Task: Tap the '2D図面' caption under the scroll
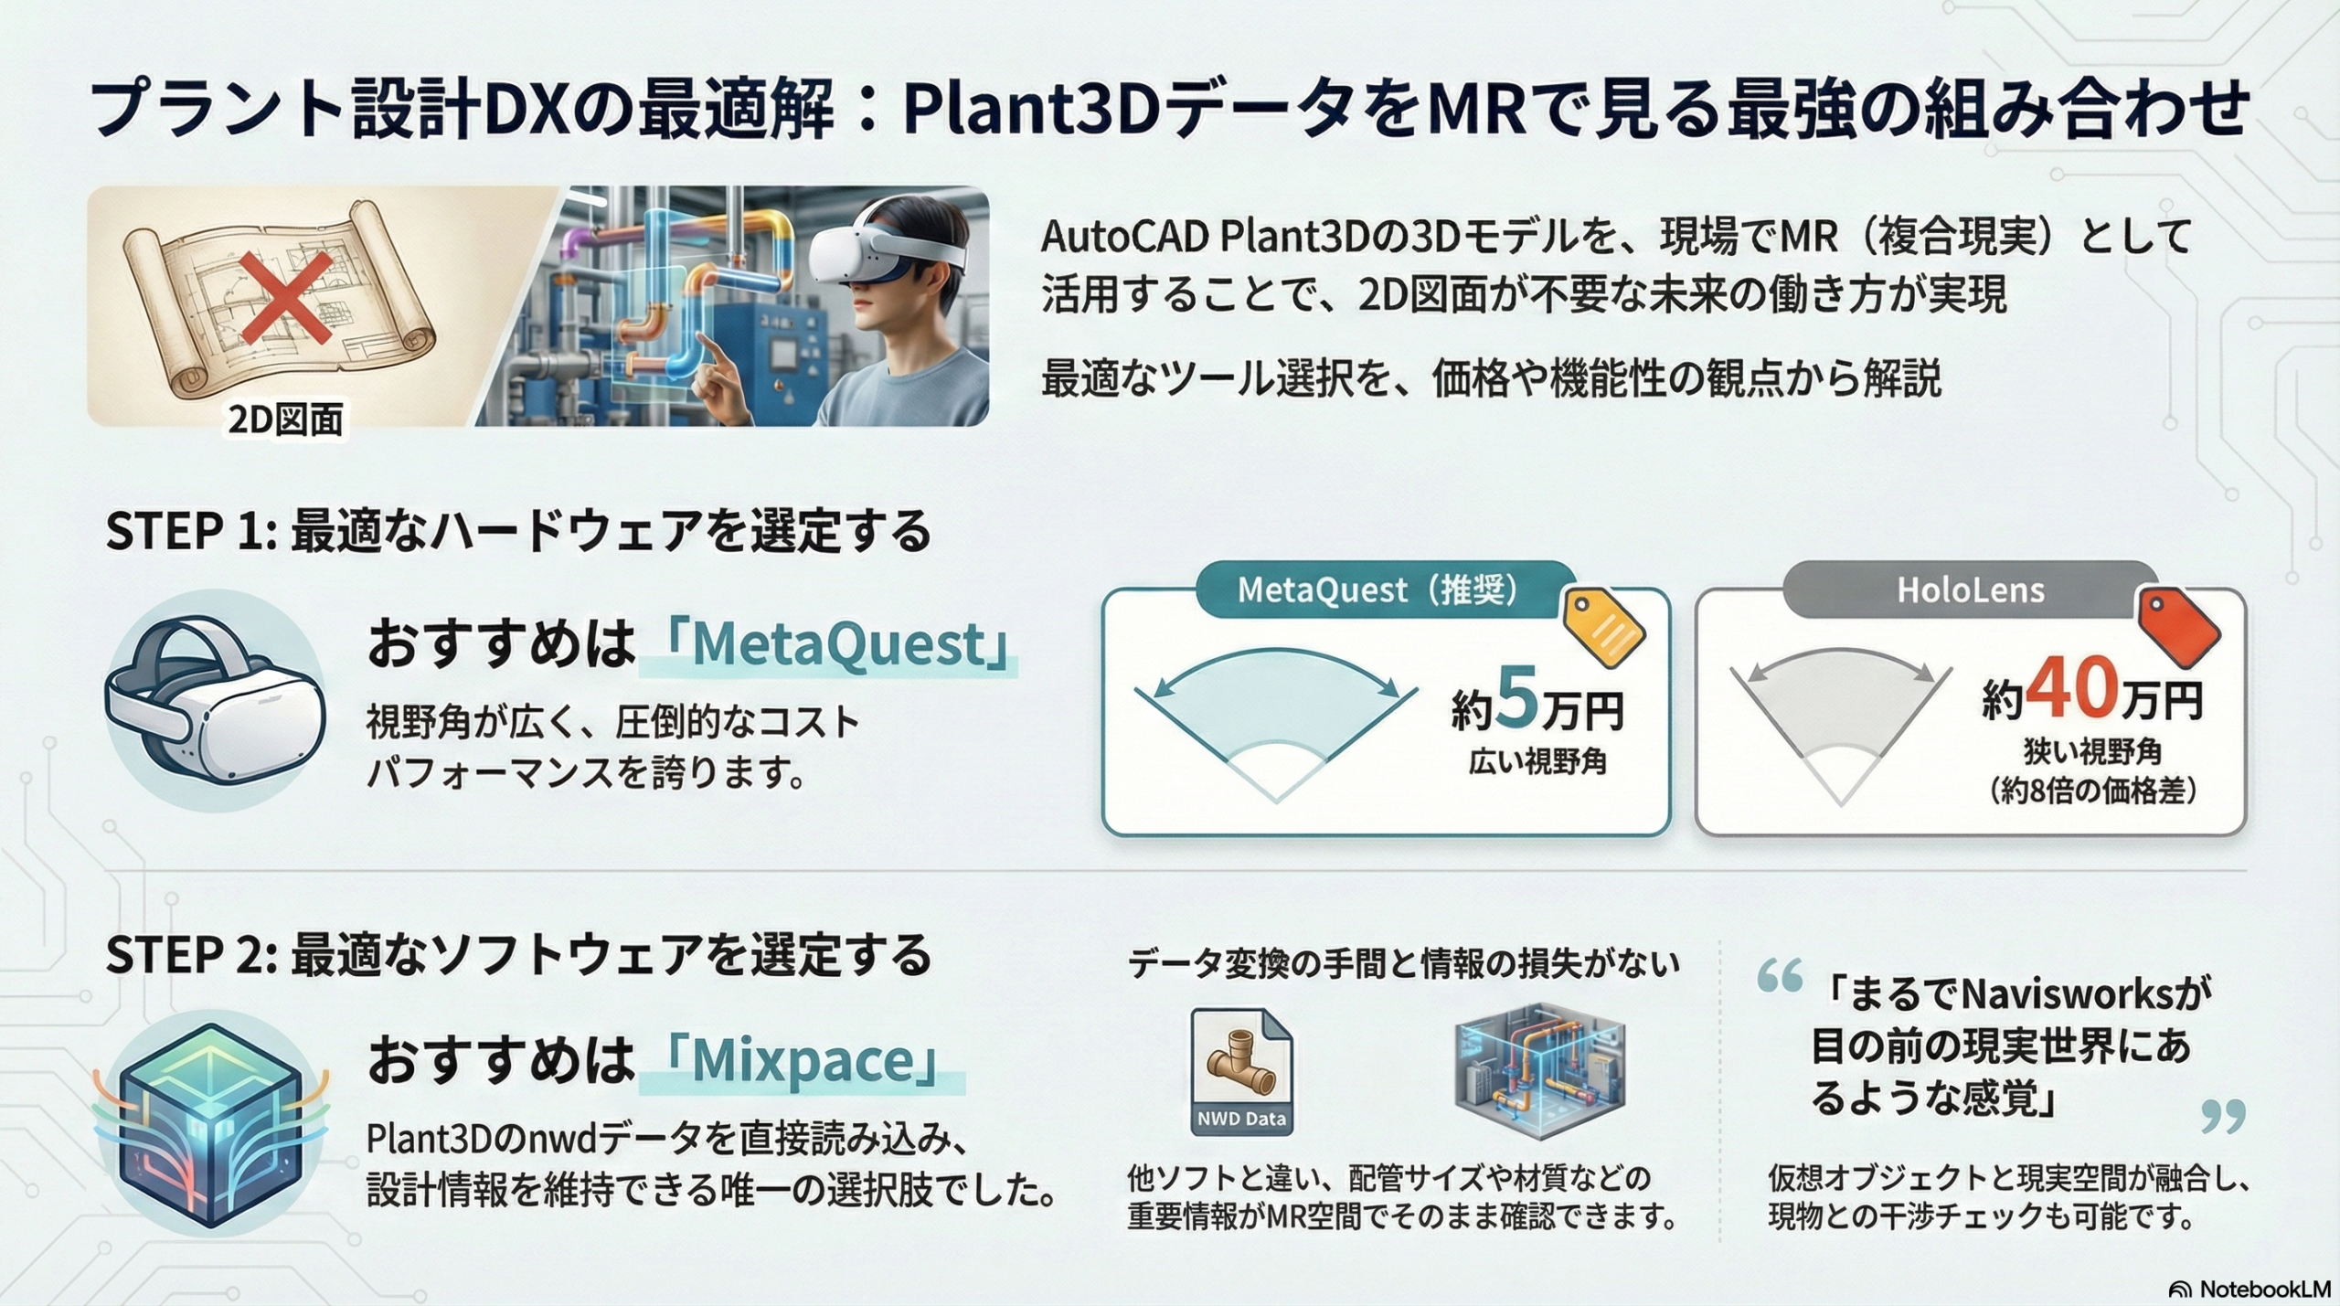(x=286, y=419)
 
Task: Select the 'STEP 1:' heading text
(x=192, y=531)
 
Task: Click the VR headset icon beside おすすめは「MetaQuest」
(x=216, y=700)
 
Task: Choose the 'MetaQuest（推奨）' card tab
(x=1378, y=590)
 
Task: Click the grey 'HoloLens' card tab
(x=1971, y=590)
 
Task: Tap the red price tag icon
(x=2179, y=625)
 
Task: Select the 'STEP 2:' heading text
(x=192, y=955)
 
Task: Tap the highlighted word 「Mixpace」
(x=803, y=1060)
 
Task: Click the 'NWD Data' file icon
(x=1241, y=1071)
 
